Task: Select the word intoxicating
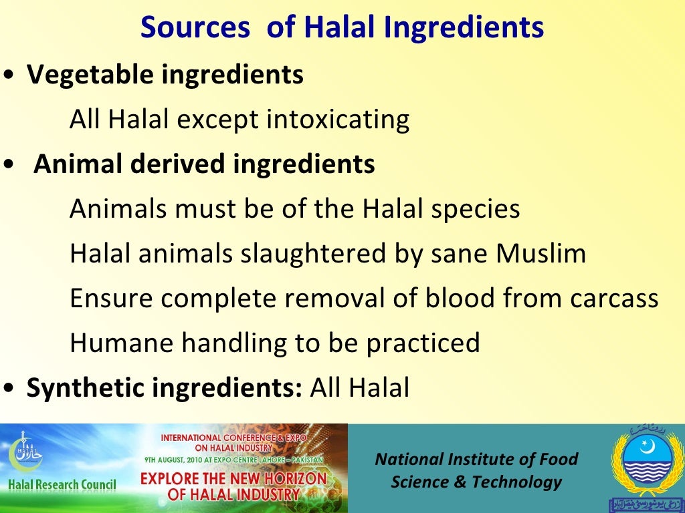pos(338,120)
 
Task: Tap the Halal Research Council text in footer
pos(62,484)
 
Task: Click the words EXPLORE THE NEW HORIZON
pos(233,479)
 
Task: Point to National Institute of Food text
pos(476,460)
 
